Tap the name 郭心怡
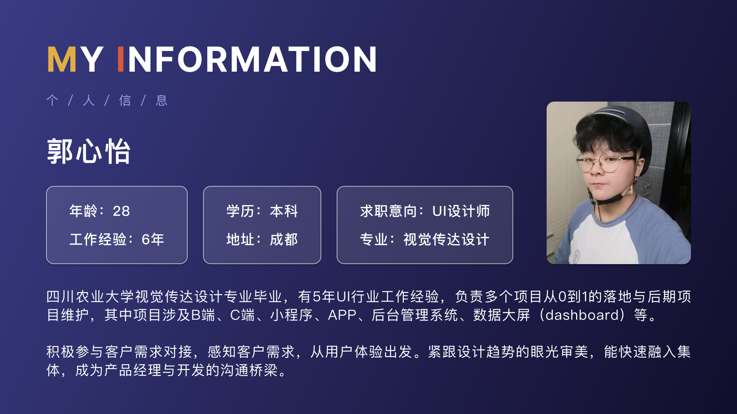tap(89, 151)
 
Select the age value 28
tap(121, 211)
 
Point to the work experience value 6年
tap(153, 239)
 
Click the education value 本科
tap(284, 211)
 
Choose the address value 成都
tap(284, 239)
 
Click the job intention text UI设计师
tap(461, 211)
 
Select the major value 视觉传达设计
tap(446, 239)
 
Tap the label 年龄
tap(84, 211)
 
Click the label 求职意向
tap(388, 211)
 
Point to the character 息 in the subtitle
tap(162, 100)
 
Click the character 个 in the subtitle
tap(52, 100)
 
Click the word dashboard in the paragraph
tap(582, 315)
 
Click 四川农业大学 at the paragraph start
tap(90, 296)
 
